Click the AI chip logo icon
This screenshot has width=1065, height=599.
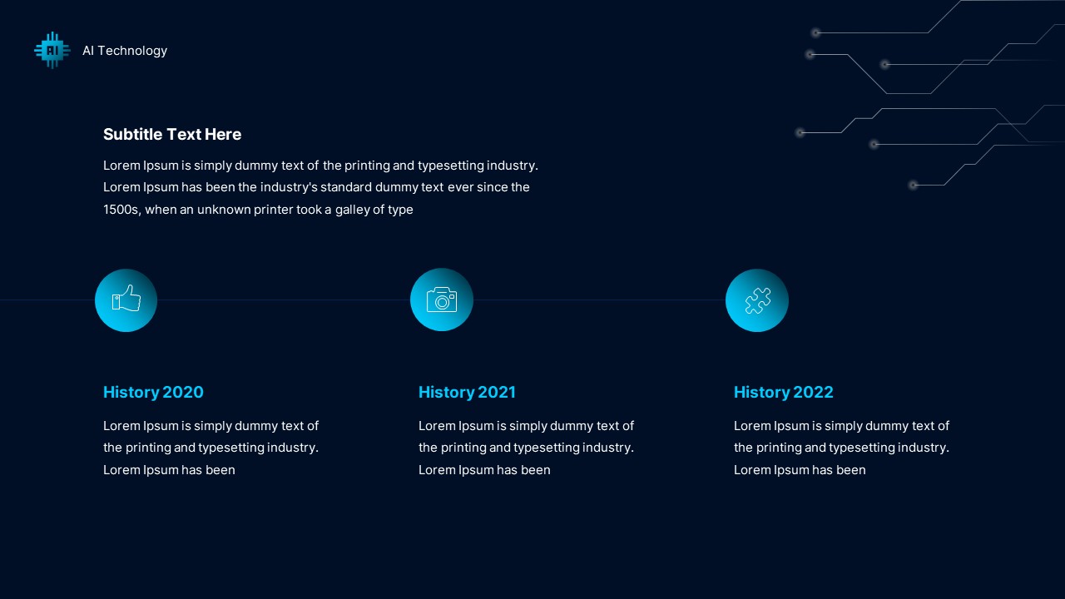pos(52,51)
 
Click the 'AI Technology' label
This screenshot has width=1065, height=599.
pos(125,51)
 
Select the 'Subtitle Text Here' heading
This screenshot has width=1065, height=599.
pos(172,134)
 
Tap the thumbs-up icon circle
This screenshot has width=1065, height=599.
pos(126,299)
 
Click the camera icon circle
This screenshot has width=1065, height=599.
pos(442,299)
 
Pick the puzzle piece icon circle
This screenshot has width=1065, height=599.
pos(757,299)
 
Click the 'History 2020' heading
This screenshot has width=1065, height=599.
pos(153,392)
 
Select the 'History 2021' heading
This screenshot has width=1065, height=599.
pos(467,392)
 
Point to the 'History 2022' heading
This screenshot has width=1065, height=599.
pos(783,392)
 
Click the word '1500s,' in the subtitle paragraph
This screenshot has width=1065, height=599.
pos(122,210)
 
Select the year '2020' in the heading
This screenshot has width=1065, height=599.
pos(183,392)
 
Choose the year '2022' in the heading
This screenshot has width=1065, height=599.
pos(813,392)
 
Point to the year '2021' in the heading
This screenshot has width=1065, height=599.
pos(497,392)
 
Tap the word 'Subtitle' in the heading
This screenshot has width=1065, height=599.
pos(133,134)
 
